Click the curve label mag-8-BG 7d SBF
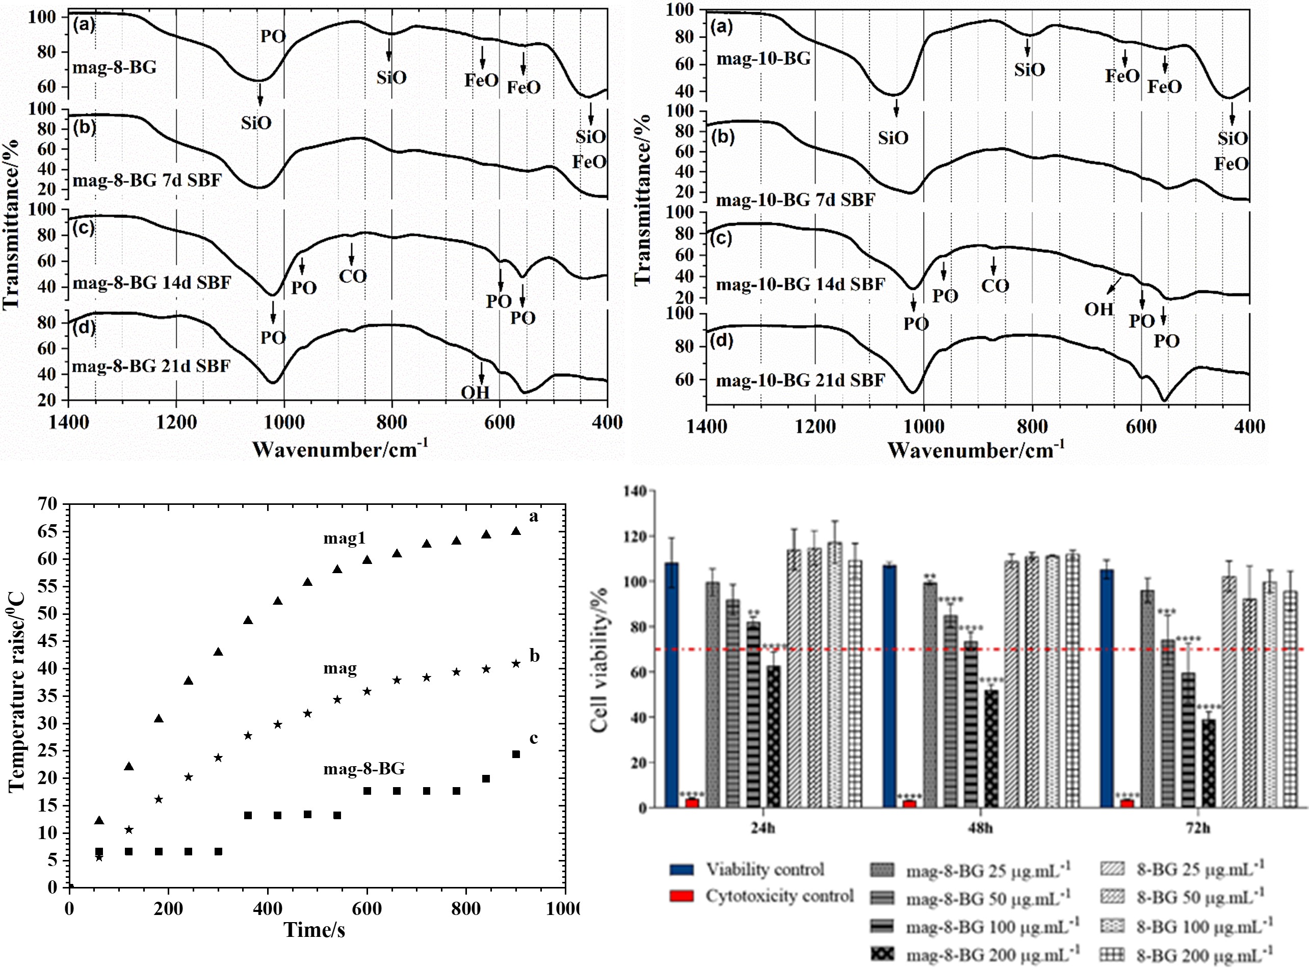pyautogui.click(x=147, y=180)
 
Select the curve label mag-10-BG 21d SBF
pyautogui.click(x=800, y=381)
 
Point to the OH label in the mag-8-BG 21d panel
pyautogui.click(x=475, y=392)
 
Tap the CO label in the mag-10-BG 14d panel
pyautogui.click(x=994, y=286)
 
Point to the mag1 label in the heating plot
pyautogui.click(x=344, y=538)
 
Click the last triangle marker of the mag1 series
pyautogui.click(x=516, y=531)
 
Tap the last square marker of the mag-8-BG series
pyautogui.click(x=516, y=755)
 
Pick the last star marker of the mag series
pyautogui.click(x=516, y=663)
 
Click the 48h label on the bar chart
pyautogui.click(x=980, y=828)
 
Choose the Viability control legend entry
pyautogui.click(x=764, y=870)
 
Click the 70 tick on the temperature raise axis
pyautogui.click(x=49, y=504)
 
